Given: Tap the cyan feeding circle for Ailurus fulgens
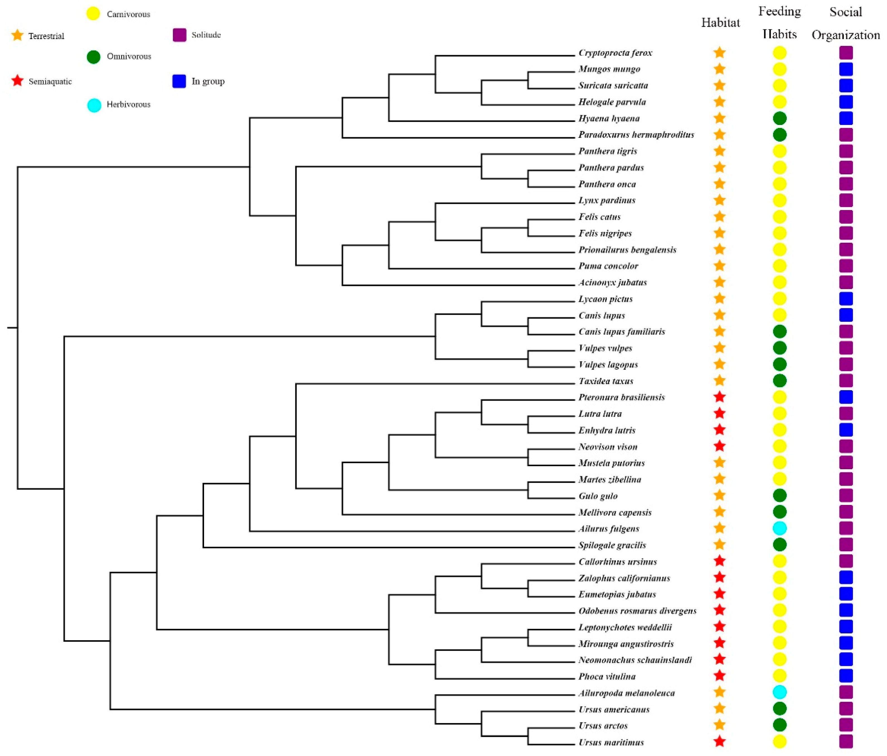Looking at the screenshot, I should tap(780, 528).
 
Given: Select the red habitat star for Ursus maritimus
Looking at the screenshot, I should tap(720, 741).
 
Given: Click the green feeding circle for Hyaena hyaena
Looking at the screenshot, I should tap(780, 118).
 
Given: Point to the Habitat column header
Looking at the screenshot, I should tap(721, 23).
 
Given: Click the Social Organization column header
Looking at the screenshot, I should tap(845, 23).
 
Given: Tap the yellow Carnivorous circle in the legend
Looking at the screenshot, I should tap(93, 14).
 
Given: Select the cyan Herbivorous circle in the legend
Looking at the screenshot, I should tap(94, 105).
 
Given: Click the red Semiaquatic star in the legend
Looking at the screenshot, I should tap(18, 81).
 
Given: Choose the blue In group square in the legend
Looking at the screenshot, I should tap(179, 81).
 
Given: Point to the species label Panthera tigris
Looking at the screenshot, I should tap(607, 151).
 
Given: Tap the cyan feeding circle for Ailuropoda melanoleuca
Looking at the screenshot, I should tap(780, 692).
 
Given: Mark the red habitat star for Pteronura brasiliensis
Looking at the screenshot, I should tap(720, 397).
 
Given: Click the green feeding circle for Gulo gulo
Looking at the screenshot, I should tap(780, 495).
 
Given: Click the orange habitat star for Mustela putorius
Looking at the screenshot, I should tap(720, 463).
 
